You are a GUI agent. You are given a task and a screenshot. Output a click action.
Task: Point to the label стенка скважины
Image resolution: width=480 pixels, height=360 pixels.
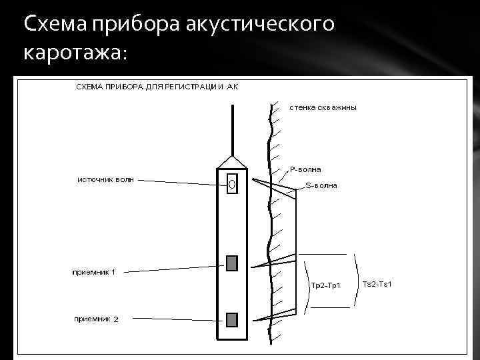click(323, 108)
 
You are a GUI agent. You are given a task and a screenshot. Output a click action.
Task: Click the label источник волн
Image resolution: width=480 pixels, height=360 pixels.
click(105, 179)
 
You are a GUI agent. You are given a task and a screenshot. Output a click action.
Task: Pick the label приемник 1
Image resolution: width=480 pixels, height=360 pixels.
click(94, 271)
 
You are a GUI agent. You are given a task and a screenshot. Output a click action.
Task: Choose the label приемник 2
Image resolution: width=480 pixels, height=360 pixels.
click(96, 319)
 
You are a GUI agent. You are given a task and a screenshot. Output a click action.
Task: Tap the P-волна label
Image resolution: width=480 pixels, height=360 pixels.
click(305, 169)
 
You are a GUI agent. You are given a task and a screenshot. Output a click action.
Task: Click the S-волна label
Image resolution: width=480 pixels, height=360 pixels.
click(321, 186)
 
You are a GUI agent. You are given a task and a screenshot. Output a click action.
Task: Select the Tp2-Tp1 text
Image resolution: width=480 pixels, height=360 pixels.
click(326, 286)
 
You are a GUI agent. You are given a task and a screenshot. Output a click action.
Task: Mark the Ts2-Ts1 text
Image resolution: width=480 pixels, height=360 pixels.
click(377, 285)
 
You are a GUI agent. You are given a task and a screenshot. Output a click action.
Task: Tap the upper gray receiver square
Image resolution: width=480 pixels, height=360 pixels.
click(231, 263)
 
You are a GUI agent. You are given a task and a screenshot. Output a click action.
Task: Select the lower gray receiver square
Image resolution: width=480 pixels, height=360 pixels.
click(231, 320)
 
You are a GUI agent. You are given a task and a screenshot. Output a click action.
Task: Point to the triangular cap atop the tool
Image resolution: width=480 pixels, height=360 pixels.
click(232, 162)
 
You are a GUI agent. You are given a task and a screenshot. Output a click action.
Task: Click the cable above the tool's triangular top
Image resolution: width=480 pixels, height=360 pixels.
click(232, 130)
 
